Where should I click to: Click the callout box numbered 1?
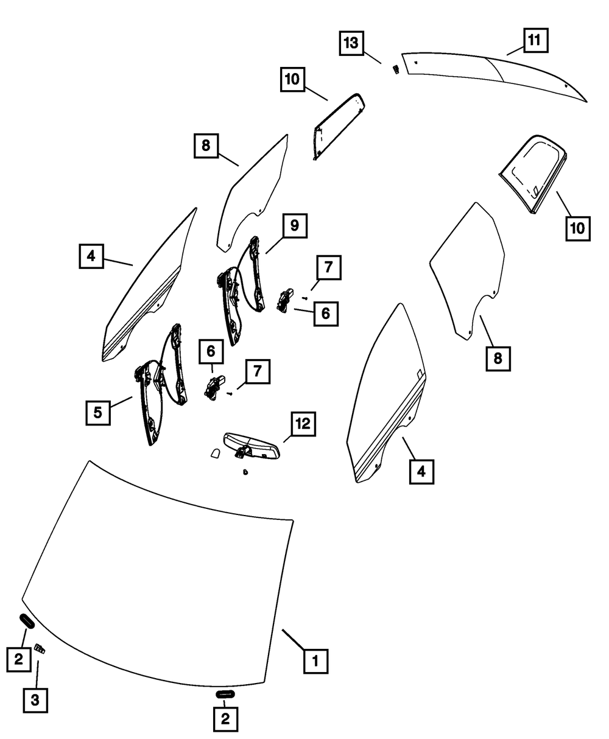[315, 660]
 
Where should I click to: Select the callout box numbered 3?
[35, 700]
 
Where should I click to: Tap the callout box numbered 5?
[97, 413]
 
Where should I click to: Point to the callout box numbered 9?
[294, 226]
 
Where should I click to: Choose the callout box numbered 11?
[533, 41]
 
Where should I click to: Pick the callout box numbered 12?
[303, 424]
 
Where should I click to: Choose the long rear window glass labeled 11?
[493, 73]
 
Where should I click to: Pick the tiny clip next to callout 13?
[395, 68]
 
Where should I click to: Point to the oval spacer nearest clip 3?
[27, 621]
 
